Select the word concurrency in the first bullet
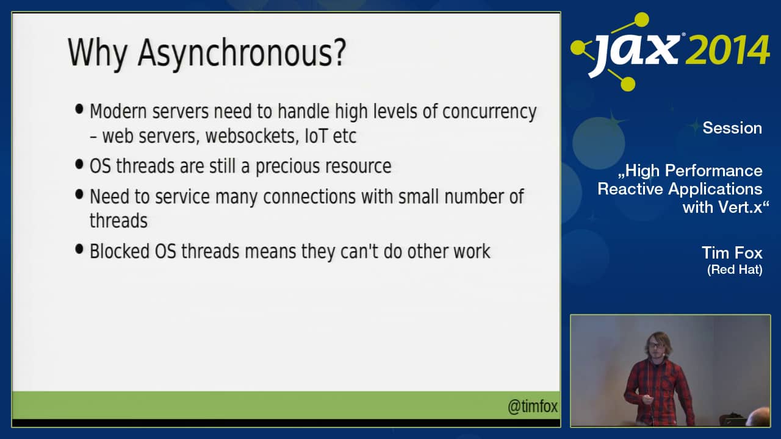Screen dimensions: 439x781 coord(489,112)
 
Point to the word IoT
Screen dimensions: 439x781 coord(315,135)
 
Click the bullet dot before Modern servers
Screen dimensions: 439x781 coord(79,110)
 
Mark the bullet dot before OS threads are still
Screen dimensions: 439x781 coord(79,164)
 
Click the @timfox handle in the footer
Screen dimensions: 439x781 coord(533,407)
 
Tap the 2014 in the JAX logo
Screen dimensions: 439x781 coord(727,51)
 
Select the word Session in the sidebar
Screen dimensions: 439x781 coord(732,128)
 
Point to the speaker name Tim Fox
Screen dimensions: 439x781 coord(732,252)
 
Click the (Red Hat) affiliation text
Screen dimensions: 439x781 coord(734,269)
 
